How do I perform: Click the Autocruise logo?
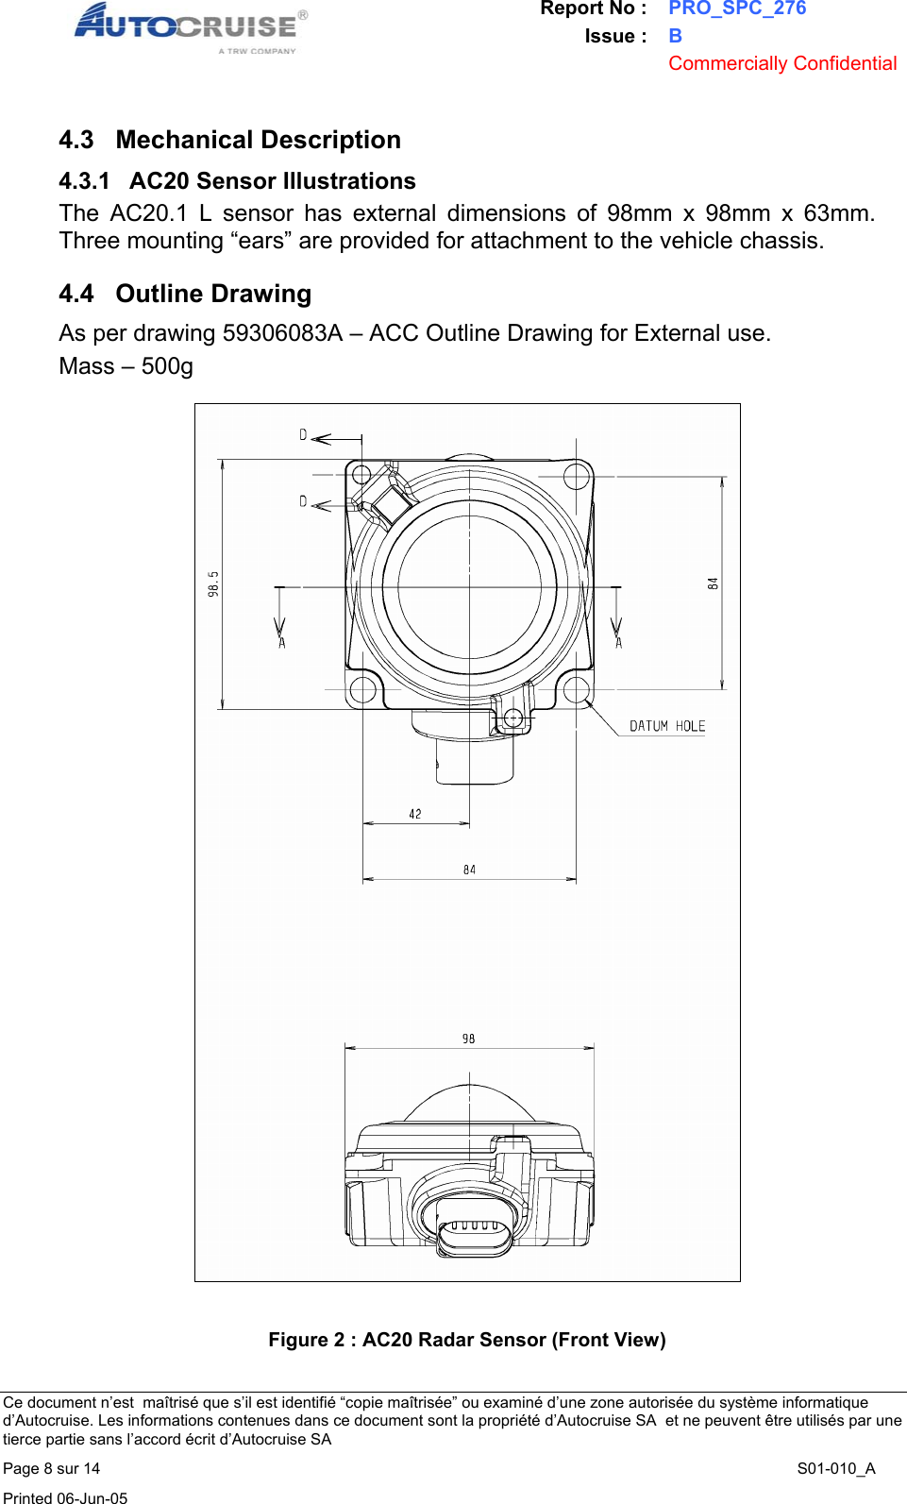pos(189,26)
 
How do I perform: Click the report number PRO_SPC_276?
pos(737,8)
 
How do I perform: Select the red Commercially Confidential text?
pos(781,63)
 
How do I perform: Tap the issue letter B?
pos(675,36)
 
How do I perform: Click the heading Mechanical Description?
pos(258,140)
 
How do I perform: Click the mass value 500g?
pos(167,366)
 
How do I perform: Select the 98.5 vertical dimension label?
pos(214,583)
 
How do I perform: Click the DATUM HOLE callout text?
pos(667,726)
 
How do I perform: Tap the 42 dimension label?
pos(415,814)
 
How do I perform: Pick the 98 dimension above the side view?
pos(469,1039)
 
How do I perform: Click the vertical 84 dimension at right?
pos(714,583)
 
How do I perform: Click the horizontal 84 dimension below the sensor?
pos(469,870)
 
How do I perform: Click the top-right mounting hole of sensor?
pos(577,475)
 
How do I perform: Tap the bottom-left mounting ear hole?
pos(362,689)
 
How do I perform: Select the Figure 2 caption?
pos(466,1340)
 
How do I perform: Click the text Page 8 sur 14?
pos(52,1468)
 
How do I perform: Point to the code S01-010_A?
pos(835,1468)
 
